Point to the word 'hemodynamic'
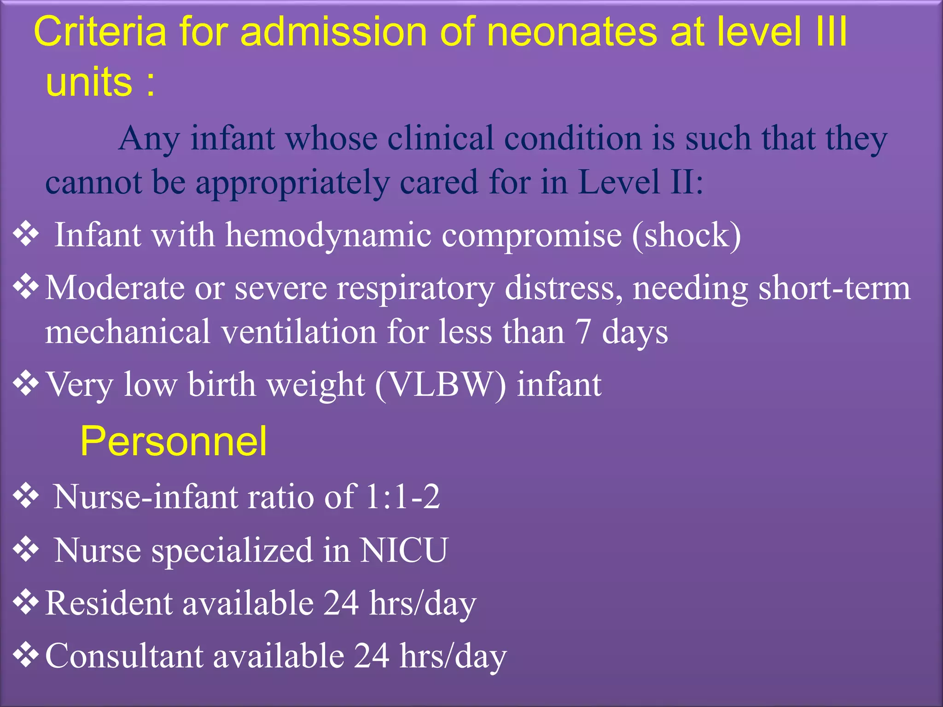coord(328,235)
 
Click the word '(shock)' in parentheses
coord(687,235)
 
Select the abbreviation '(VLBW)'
coord(440,385)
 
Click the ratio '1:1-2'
coord(402,497)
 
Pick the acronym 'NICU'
coord(403,550)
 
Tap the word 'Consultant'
coord(124,656)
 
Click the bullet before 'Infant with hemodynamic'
coord(26,234)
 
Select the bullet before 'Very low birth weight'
coord(26,383)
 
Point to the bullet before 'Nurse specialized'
coord(26,549)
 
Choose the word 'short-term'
coord(834,288)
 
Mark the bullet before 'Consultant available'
coord(26,655)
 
